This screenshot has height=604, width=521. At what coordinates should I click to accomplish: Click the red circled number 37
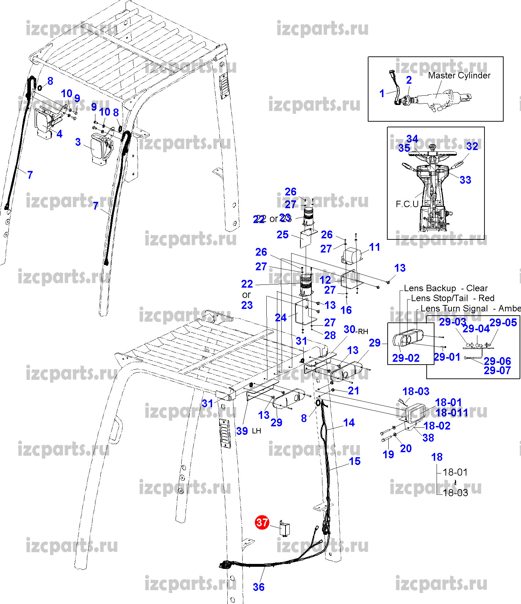[x=262, y=522]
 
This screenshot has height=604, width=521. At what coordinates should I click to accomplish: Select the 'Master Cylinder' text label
[x=459, y=76]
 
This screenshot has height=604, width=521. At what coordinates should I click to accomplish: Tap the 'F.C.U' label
[x=407, y=204]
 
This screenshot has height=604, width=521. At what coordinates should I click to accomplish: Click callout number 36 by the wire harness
[x=259, y=587]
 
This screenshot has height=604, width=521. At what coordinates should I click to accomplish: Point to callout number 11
[x=375, y=247]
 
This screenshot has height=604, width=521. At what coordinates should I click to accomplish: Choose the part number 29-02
[x=406, y=358]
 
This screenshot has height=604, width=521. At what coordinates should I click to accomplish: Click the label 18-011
[x=451, y=412]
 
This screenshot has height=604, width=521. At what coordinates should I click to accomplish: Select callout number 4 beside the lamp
[x=59, y=134]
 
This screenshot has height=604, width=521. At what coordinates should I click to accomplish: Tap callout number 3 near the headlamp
[x=78, y=142]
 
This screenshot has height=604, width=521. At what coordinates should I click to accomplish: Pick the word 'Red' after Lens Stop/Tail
[x=486, y=298]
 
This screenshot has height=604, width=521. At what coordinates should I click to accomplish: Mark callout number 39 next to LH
[x=242, y=431]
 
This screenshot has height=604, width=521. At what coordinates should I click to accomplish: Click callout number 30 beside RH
[x=349, y=329]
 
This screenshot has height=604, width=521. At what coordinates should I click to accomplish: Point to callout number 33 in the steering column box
[x=465, y=180]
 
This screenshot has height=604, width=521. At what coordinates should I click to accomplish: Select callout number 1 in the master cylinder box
[x=382, y=93]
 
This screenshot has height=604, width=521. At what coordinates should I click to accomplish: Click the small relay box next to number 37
[x=285, y=529]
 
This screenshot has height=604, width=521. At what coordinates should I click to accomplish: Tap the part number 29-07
[x=497, y=371]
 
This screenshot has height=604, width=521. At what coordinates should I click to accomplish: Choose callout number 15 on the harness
[x=355, y=461]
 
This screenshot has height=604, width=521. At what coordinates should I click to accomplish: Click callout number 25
[x=283, y=234]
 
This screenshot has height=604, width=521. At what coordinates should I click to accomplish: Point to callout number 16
[x=346, y=310]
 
